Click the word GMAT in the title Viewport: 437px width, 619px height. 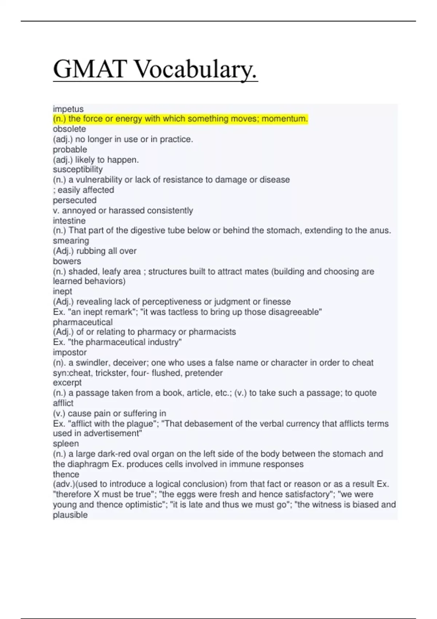pyautogui.click(x=90, y=69)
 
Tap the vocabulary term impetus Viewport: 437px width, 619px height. pyautogui.click(x=68, y=109)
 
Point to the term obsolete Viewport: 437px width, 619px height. pyautogui.click(x=69, y=129)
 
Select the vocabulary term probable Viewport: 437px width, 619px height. pyautogui.click(x=70, y=149)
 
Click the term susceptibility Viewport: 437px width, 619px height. pyautogui.click(x=78, y=169)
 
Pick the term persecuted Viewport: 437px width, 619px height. pyautogui.click(x=75, y=200)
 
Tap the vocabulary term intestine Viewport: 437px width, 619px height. pyautogui.click(x=69, y=221)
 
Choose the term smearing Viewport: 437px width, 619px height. pyautogui.click(x=71, y=241)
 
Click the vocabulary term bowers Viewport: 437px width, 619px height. pyautogui.click(x=67, y=261)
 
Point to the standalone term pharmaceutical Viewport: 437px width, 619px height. pyautogui.click(x=83, y=322)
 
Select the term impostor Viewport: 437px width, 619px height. pyautogui.click(x=70, y=352)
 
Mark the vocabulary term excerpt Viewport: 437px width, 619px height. pyautogui.click(x=67, y=383)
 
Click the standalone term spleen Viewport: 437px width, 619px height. pyautogui.click(x=66, y=443)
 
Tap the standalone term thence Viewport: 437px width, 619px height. pyautogui.click(x=66, y=474)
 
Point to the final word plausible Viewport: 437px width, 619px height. pyautogui.click(x=70, y=515)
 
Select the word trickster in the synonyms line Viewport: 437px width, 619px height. pyautogui.click(x=110, y=373)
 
